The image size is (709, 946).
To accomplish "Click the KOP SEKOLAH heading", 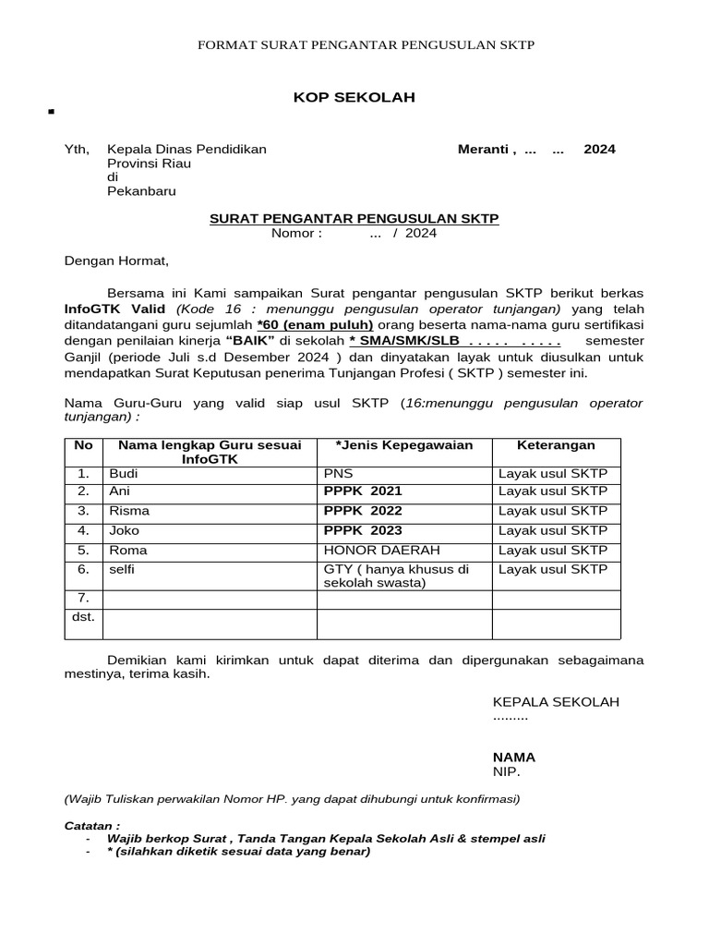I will tap(354, 97).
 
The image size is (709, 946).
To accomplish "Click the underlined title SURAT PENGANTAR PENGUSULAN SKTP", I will tap(354, 218).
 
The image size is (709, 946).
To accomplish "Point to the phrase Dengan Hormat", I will tap(116, 261).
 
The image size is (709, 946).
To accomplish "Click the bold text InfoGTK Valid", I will tap(114, 309).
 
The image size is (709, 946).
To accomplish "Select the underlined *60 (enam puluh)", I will tap(316, 324).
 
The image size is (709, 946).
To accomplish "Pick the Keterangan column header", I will tap(556, 445).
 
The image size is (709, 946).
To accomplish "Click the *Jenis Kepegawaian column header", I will tap(404, 445).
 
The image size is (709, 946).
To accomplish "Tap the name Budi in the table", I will tap(123, 474).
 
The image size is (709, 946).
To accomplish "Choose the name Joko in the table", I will tap(124, 530).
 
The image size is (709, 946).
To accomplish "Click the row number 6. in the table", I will tap(83, 569).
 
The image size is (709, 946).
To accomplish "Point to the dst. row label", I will tap(84, 615).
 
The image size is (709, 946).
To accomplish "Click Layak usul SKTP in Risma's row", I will tap(553, 511).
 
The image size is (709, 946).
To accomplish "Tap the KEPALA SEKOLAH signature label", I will tap(556, 702).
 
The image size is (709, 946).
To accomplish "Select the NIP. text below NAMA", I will tap(506, 771).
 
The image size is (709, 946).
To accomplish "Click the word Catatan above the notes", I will tap(91, 825).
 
